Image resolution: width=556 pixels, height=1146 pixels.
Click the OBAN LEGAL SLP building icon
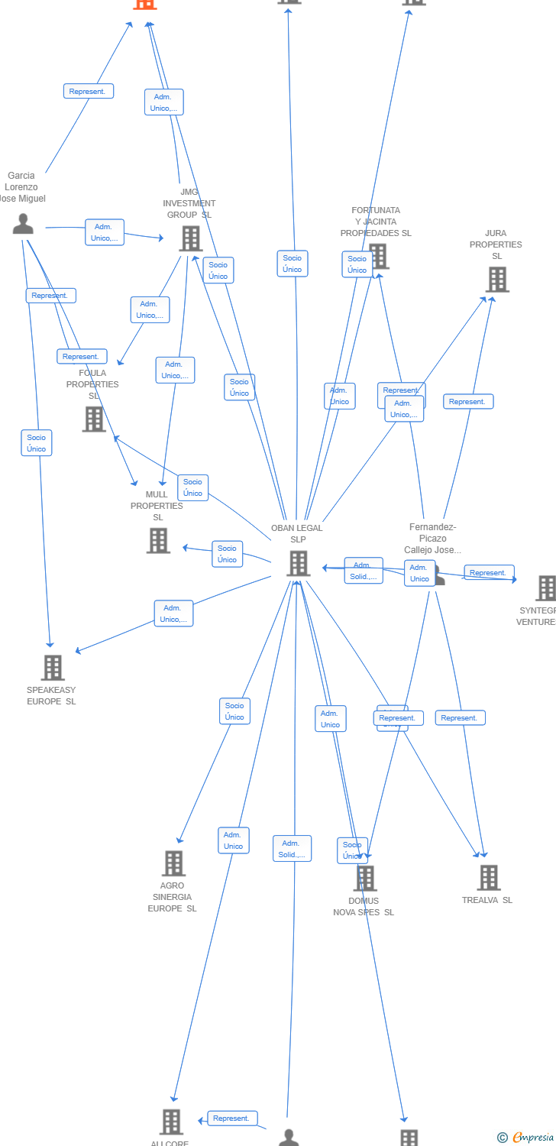[298, 563]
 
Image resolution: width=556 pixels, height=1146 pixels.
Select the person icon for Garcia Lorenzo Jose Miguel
[23, 224]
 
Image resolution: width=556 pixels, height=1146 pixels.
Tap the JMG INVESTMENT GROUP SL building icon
[190, 238]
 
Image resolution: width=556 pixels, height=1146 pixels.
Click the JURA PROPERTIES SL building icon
[497, 280]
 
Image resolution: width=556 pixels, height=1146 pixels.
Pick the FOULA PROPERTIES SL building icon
[94, 419]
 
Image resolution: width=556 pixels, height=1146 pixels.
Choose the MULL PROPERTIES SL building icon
[158, 540]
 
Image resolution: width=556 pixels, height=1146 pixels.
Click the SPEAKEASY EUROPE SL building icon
[53, 668]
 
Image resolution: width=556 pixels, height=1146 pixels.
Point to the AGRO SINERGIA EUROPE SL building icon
[173, 863]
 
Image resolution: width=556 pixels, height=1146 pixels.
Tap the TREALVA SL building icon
[489, 878]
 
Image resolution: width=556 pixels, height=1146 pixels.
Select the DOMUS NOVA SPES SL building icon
[365, 879]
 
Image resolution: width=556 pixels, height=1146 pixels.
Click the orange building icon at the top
[144, 3]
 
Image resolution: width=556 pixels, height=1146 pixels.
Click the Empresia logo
[525, 1138]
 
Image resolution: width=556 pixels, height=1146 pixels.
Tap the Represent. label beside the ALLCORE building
[232, 1118]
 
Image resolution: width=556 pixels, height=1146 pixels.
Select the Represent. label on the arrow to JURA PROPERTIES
[468, 401]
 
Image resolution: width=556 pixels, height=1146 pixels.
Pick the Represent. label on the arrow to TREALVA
[461, 717]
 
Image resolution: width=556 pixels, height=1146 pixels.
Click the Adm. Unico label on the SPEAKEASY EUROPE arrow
[173, 613]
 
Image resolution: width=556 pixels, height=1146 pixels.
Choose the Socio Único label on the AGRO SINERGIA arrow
[234, 711]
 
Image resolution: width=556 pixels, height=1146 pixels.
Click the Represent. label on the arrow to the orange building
[89, 91]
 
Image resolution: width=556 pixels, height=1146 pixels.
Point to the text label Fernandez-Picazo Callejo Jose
[432, 539]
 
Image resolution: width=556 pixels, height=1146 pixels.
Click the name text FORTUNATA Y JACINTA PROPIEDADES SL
[376, 222]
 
